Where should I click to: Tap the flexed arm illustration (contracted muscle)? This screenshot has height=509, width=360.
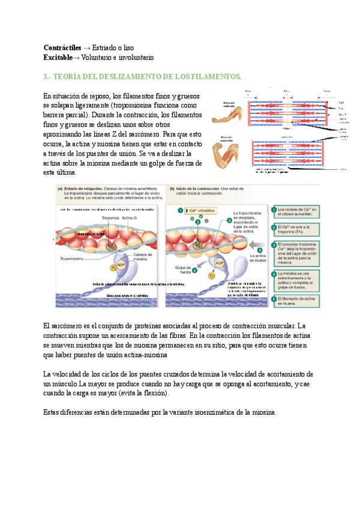pyautogui.click(x=232, y=152)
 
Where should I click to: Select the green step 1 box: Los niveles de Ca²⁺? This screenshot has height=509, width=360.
pyautogui.click(x=296, y=211)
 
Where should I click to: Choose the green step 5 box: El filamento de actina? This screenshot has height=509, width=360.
pyautogui.click(x=296, y=300)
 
